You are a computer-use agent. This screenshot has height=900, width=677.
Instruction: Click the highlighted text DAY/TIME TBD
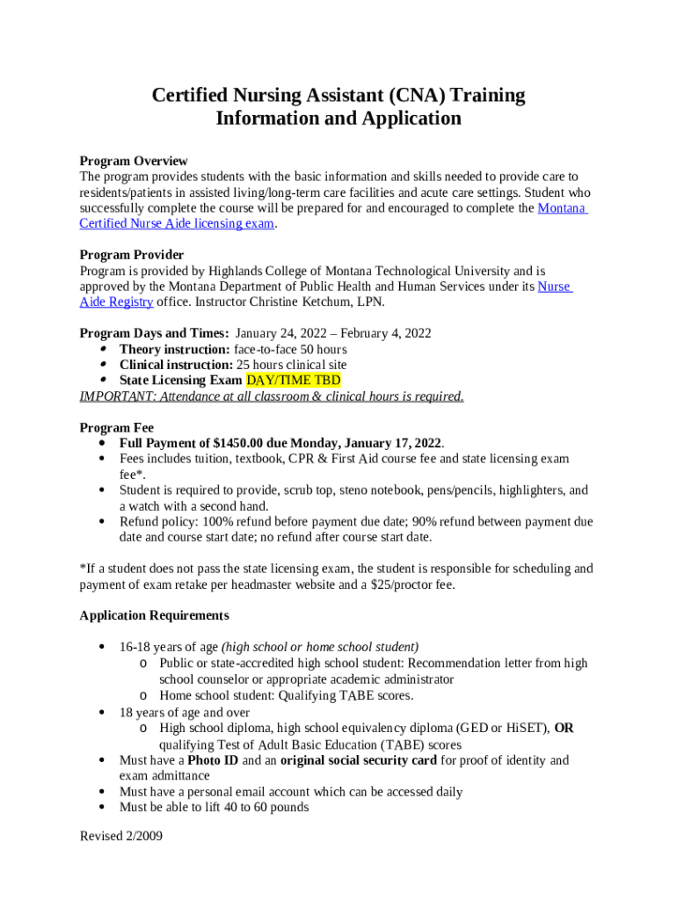pyautogui.click(x=293, y=381)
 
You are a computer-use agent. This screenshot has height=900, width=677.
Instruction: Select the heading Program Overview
pyautogui.click(x=133, y=161)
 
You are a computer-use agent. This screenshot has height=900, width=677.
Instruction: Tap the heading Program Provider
pyautogui.click(x=131, y=255)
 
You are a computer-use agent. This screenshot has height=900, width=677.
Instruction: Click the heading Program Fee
pyautogui.click(x=117, y=427)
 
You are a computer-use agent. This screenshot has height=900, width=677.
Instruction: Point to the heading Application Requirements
pyautogui.click(x=154, y=615)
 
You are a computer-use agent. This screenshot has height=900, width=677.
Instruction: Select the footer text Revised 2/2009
pyautogui.click(x=121, y=836)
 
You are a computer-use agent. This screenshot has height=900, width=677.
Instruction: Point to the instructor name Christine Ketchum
pyautogui.click(x=301, y=302)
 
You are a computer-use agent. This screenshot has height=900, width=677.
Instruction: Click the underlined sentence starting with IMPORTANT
pyautogui.click(x=271, y=396)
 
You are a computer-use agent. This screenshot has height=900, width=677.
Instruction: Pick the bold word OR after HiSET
pyautogui.click(x=564, y=729)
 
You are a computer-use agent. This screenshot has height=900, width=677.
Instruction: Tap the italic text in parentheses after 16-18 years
pyautogui.click(x=320, y=647)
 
